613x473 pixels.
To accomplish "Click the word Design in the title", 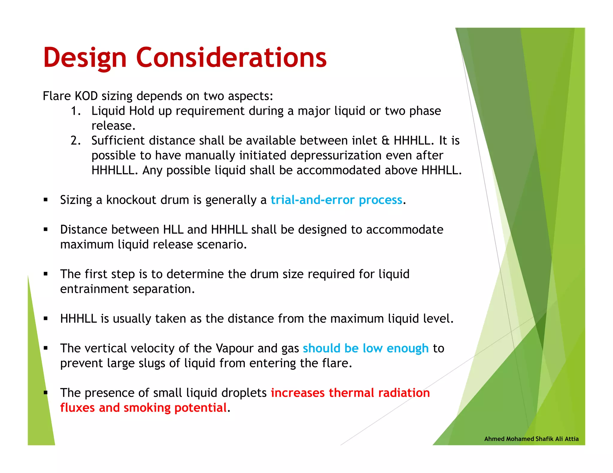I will (85, 58).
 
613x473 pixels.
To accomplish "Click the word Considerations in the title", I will (231, 57).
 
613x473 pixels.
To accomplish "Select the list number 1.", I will (75, 111).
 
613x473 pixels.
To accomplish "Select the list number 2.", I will (75, 141).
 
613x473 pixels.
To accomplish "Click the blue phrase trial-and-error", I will (312, 200).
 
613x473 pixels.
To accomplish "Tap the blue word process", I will (380, 200).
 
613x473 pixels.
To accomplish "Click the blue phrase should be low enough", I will (365, 349).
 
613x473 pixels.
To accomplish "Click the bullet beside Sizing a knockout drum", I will (45, 200).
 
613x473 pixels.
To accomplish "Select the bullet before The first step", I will (45, 274).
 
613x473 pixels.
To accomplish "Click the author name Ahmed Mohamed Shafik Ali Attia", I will (531, 439).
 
